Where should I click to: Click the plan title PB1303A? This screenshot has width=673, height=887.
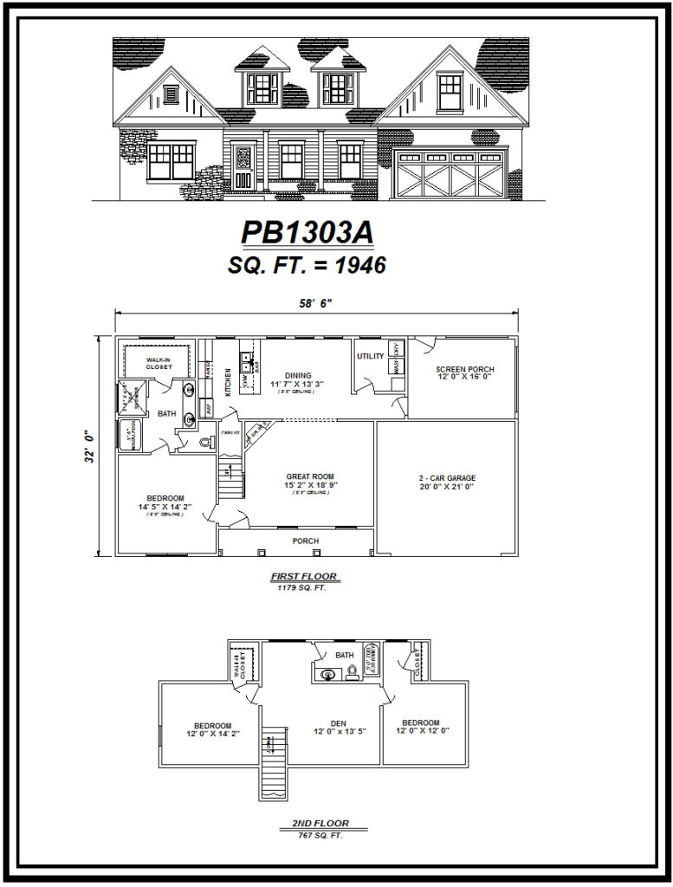[x=307, y=234]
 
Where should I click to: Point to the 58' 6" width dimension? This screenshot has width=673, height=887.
[x=314, y=303]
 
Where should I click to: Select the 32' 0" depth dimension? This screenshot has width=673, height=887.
[x=89, y=446]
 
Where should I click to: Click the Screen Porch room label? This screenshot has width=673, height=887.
[x=464, y=370]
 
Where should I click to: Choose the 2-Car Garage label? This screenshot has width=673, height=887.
[x=448, y=478]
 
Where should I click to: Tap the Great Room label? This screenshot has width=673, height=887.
[x=310, y=476]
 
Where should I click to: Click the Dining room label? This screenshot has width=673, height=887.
[x=296, y=376]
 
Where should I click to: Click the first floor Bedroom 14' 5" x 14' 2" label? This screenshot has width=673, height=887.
[x=165, y=498]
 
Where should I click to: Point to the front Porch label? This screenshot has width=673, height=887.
[x=305, y=541]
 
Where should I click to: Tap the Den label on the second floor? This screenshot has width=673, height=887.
[x=339, y=723]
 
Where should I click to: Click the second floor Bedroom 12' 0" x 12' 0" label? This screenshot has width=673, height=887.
[x=420, y=722]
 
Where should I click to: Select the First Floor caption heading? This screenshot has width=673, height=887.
[x=303, y=576]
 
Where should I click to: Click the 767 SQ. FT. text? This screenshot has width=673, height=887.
[x=321, y=835]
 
